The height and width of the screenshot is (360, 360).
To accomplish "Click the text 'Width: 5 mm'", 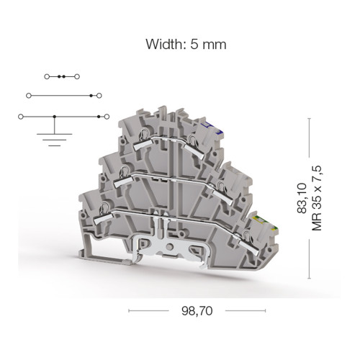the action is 186,45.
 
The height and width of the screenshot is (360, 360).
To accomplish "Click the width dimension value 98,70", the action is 197,311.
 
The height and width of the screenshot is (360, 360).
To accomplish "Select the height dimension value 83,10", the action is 302,198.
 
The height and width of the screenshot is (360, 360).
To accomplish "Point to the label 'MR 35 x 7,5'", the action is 316,198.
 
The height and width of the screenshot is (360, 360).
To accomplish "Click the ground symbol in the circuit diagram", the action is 55,140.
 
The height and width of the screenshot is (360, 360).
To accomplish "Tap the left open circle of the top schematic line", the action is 47,77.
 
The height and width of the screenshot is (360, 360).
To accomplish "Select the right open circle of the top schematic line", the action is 77,77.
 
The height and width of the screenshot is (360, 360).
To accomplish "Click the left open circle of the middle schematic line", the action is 29,96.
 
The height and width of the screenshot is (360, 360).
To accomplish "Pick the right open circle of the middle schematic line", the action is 99,96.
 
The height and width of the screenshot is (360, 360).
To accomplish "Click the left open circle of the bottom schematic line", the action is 21,117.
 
